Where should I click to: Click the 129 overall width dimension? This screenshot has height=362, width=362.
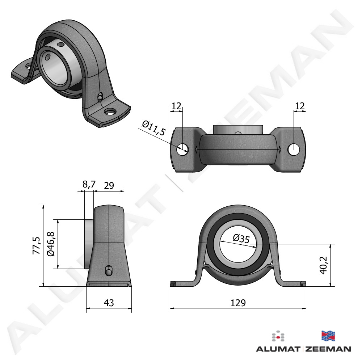[x=238, y=303]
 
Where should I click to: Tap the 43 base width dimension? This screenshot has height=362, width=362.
[x=109, y=303]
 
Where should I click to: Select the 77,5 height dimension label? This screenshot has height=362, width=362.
[x=37, y=246]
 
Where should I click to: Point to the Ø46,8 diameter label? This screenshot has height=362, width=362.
[x=51, y=244]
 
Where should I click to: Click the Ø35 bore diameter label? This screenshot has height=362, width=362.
[x=241, y=239]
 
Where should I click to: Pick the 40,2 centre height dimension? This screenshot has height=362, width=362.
[x=323, y=265]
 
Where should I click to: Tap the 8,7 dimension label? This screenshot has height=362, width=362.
[x=89, y=185]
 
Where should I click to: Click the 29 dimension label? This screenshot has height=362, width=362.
[x=109, y=185]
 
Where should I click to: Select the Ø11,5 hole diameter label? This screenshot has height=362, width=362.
[x=154, y=128]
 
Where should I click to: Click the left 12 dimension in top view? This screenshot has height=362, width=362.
[x=176, y=106]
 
